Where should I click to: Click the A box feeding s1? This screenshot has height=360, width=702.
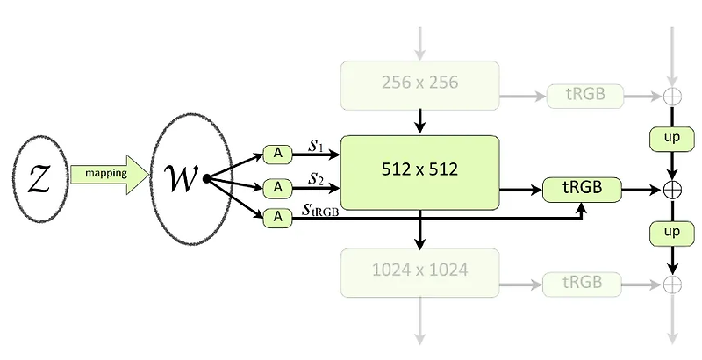[x=277, y=155]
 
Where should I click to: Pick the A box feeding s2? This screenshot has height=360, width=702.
[x=277, y=186]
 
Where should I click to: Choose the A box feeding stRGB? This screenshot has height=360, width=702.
[x=277, y=215]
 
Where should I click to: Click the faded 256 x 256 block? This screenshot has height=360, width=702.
[x=420, y=84]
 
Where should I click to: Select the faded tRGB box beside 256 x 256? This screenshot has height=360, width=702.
[x=584, y=95]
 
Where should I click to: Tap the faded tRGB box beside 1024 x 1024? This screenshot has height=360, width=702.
[x=584, y=282]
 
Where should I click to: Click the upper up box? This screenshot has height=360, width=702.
[x=671, y=139]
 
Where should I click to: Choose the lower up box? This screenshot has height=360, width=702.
[x=671, y=233]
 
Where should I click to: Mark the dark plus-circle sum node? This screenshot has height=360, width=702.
[x=671, y=188]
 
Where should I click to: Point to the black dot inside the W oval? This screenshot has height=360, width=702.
[x=205, y=179]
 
